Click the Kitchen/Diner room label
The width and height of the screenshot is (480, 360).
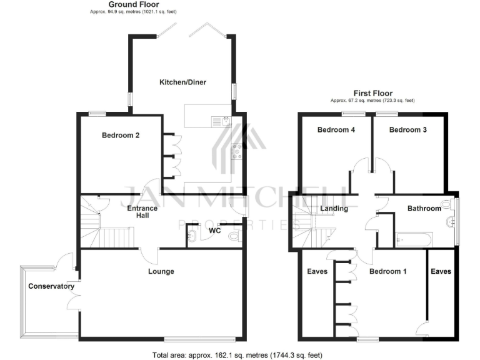pyautogui.click(x=182, y=82)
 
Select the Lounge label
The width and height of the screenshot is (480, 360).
pyautogui.click(x=161, y=271)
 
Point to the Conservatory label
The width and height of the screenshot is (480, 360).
pyautogui.click(x=51, y=287)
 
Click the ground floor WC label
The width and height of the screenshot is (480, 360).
pyautogui.click(x=214, y=231)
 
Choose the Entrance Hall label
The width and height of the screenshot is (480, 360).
pyautogui.click(x=142, y=212)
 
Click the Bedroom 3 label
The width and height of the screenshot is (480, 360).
pyautogui.click(x=408, y=130)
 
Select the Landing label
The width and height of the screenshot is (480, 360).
pyautogui.click(x=334, y=208)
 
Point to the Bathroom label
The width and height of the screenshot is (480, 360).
pyautogui.click(x=424, y=208)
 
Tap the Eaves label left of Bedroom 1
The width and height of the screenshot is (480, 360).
pyautogui.click(x=317, y=271)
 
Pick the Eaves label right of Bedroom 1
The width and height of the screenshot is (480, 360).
pyautogui.click(x=440, y=271)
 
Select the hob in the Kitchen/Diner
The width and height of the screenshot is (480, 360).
pyautogui.click(x=237, y=151)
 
